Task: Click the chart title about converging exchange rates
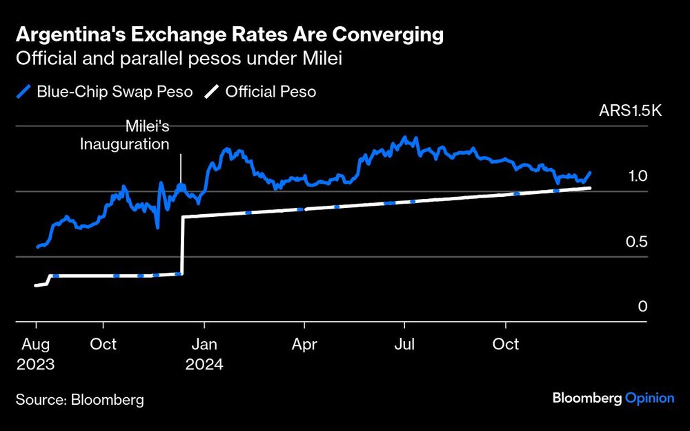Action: (x=230, y=34)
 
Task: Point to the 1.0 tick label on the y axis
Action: (x=638, y=177)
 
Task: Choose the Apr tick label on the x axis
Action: (x=304, y=344)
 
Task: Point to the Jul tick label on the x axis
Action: (x=404, y=344)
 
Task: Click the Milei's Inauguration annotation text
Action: (x=135, y=136)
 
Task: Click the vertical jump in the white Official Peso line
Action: (x=182, y=245)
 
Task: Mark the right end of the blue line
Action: (x=590, y=173)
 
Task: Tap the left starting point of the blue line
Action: (x=37, y=247)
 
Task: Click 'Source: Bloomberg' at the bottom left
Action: (x=80, y=400)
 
